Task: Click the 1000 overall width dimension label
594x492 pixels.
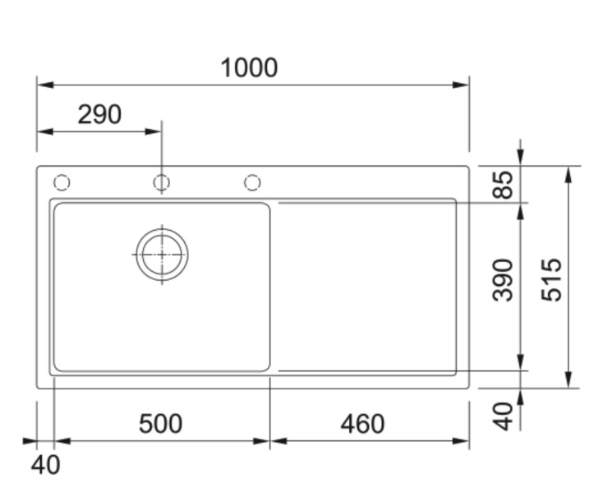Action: (x=249, y=68)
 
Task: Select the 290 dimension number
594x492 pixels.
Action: (x=99, y=115)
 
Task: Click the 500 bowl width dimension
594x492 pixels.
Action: (x=160, y=424)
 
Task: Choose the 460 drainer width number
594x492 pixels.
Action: (x=362, y=424)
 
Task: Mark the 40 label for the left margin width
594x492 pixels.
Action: (x=45, y=465)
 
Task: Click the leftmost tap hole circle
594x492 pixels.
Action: (x=62, y=182)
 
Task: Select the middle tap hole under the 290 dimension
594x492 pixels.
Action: (x=161, y=182)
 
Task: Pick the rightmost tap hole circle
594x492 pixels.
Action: (x=252, y=182)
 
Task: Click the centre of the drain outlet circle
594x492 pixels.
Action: (x=162, y=254)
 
